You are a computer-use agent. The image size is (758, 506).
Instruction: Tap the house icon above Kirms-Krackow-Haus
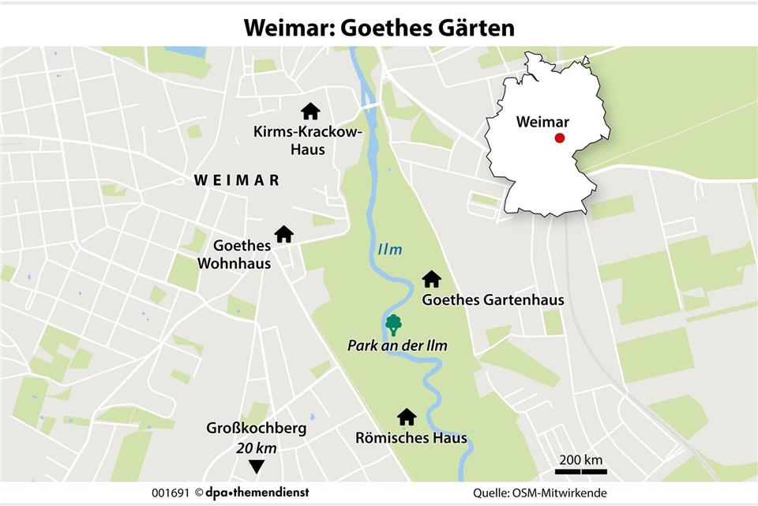310,111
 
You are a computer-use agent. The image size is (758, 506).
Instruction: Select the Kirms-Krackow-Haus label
307,141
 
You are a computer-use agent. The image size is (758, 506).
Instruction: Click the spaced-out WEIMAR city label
237,180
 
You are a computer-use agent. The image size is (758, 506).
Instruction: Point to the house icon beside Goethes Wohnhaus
283,234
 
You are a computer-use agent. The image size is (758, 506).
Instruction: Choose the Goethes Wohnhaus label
242,254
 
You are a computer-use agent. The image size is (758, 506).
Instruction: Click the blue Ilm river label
389,250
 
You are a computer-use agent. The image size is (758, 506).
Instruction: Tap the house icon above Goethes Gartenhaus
431,279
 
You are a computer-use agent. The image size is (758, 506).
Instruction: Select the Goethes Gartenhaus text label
482,300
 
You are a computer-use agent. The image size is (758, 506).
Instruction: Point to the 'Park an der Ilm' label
397,346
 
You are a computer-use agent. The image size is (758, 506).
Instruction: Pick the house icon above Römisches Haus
407,417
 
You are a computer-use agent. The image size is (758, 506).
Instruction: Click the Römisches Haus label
411,438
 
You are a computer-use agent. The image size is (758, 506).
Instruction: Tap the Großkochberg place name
256,429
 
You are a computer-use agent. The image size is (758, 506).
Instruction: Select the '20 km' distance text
256,447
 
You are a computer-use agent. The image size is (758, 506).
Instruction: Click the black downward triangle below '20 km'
256,466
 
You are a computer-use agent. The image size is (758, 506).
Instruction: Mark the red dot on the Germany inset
559,138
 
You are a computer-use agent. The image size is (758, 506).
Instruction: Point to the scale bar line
580,471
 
